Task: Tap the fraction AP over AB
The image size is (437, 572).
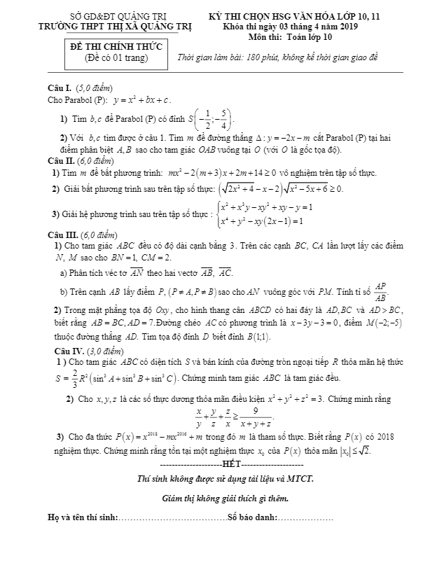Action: tap(380, 290)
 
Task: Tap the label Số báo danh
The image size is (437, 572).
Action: tap(251, 519)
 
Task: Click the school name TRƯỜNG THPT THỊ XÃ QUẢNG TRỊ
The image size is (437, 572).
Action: tap(118, 27)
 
